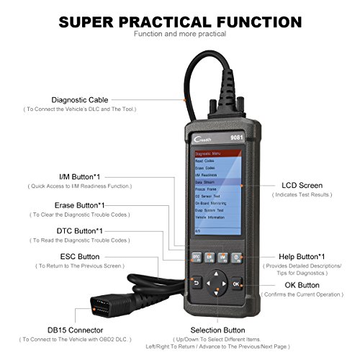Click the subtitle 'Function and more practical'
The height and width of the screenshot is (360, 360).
pos(180,33)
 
